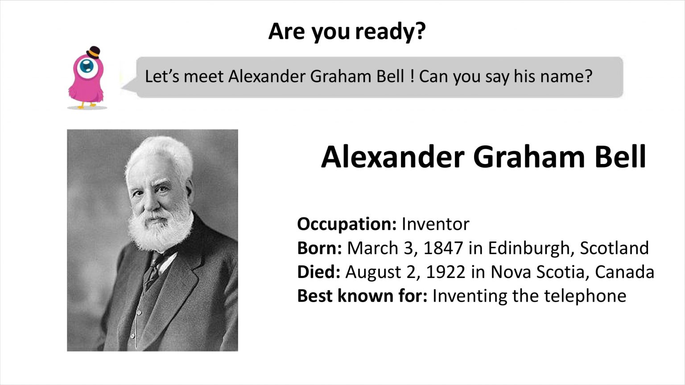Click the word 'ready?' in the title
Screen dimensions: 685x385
pyautogui.click(x=391, y=32)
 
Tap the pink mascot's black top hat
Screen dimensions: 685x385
pyautogui.click(x=93, y=52)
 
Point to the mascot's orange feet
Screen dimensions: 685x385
pyautogui.click(x=87, y=105)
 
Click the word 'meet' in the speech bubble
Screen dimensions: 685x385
pyautogui.click(x=204, y=76)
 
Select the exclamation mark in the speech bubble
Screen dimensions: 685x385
pyautogui.click(x=412, y=76)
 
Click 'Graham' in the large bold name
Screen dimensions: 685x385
pyautogui.click(x=529, y=157)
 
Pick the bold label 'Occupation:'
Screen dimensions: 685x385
pyautogui.click(x=347, y=224)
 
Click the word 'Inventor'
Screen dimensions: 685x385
pyautogui.click(x=435, y=224)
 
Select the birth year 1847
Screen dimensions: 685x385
pyautogui.click(x=443, y=248)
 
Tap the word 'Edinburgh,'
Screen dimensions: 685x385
pyautogui.click(x=531, y=248)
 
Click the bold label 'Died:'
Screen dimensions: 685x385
pyautogui.click(x=319, y=272)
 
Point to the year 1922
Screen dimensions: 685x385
pyautogui.click(x=446, y=272)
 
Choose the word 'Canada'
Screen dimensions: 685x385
pyautogui.click(x=624, y=272)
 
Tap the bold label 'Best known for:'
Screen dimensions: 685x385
pyautogui.click(x=362, y=295)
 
